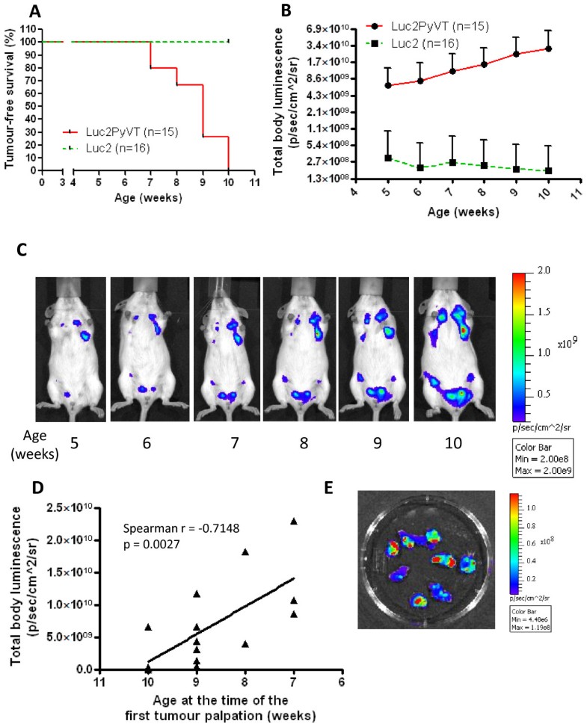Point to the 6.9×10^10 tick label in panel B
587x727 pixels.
[x=322, y=28]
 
